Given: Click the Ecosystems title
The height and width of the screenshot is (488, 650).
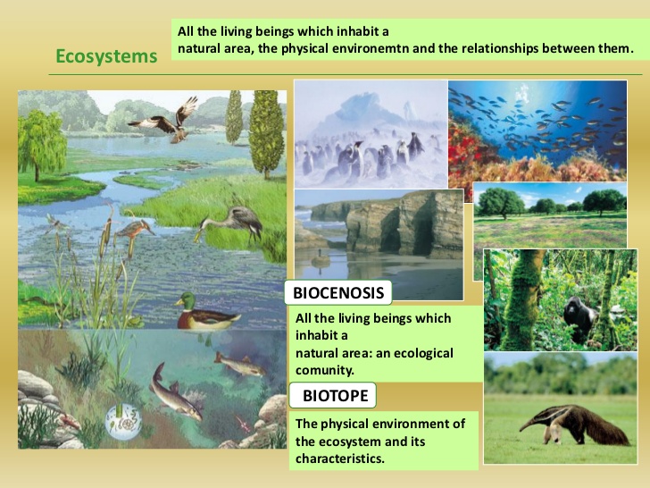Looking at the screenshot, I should click(105, 56).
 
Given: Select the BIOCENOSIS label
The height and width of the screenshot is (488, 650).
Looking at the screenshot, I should click(339, 292).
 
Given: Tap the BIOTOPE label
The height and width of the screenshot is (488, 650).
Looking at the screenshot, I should click(335, 395).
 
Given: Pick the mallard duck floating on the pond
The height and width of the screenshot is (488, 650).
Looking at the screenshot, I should click(206, 312).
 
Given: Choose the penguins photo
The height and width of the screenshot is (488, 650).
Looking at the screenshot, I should click(370, 134).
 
